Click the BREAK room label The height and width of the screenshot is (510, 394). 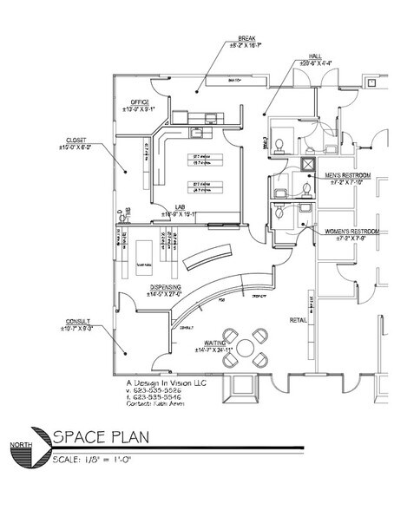coord(247,39)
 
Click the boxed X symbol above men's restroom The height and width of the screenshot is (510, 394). coord(306,162)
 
